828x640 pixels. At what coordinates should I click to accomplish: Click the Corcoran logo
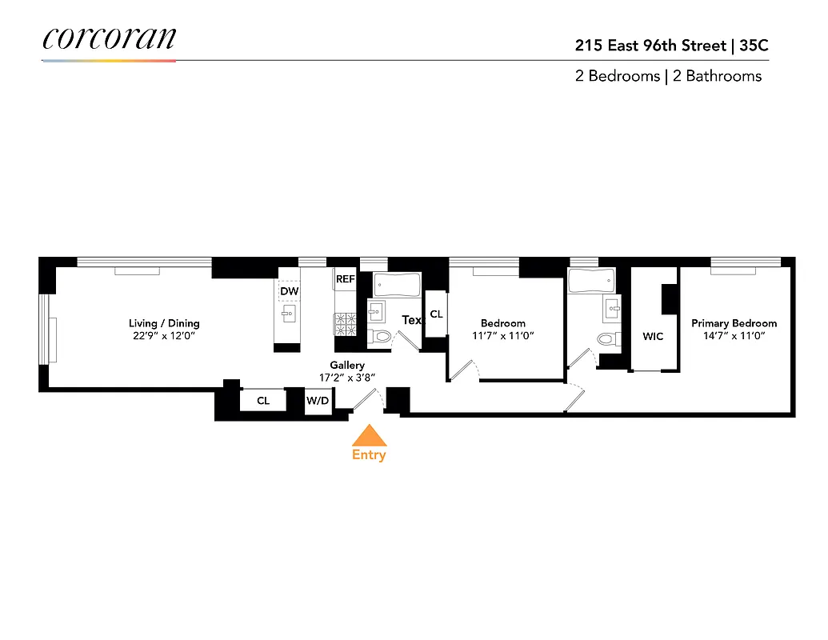[x=109, y=39]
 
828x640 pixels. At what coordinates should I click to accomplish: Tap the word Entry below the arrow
[x=369, y=455]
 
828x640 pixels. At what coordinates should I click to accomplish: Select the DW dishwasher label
[x=289, y=293]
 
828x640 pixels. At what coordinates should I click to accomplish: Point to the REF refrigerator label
[x=345, y=279]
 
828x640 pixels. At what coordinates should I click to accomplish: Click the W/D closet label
[x=318, y=400]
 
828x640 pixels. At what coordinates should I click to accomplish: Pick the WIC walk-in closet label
[x=653, y=337]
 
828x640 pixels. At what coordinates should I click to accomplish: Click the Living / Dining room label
[x=164, y=323]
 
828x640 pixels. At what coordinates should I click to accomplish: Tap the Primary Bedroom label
[x=734, y=323]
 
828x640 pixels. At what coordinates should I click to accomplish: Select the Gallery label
[x=347, y=366]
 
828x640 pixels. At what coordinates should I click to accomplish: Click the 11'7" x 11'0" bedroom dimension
[x=503, y=336]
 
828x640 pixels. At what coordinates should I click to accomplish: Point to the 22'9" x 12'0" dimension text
[x=163, y=336]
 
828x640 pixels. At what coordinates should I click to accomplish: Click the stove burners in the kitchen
[x=345, y=322]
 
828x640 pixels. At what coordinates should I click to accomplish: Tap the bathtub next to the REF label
[x=396, y=284]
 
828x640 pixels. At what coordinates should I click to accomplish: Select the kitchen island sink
[x=290, y=313]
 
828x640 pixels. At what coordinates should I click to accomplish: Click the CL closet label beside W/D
[x=263, y=400]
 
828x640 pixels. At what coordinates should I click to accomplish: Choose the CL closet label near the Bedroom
[x=436, y=314]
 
